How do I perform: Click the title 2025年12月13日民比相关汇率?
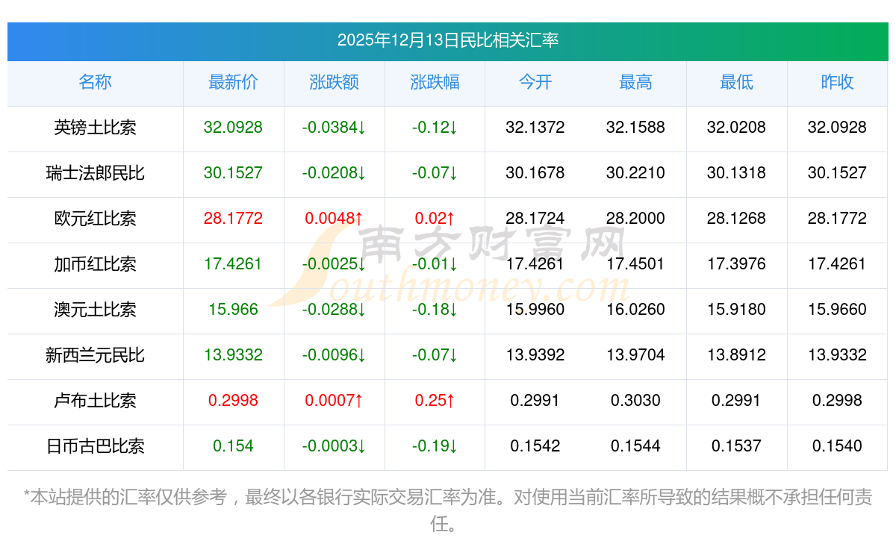coord(448,40)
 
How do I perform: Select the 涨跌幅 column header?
coord(435,83)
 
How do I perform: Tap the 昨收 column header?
coord(837,83)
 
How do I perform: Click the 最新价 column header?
coord(233,83)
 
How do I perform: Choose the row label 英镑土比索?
coord(95,128)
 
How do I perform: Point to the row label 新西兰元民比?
coord(95,355)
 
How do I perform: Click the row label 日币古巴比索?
coord(95,446)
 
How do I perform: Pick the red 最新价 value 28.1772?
coord(233,219)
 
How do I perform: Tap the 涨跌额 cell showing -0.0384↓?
coord(334,128)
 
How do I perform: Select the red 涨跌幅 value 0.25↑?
coord(435,401)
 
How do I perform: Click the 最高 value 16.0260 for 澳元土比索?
coord(635,310)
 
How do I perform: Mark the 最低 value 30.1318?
coord(736,173)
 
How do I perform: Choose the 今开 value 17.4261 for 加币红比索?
coord(535,264)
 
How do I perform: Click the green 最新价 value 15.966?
coord(233,310)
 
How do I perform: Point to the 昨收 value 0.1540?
coord(837,446)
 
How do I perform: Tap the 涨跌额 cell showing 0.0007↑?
coord(334,401)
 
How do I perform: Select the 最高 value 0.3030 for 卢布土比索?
coord(635,401)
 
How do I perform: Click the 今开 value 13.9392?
coord(535,355)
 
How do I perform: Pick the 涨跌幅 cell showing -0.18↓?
coord(435,310)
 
